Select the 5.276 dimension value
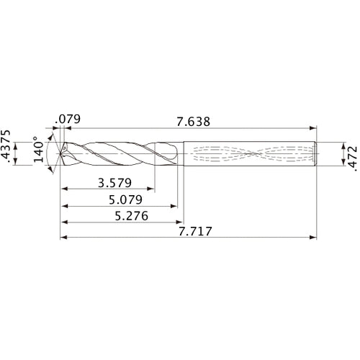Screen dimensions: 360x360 coord(120,215)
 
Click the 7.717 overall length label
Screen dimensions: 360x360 coord(188,232)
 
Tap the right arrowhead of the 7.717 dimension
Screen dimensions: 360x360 coord(315,237)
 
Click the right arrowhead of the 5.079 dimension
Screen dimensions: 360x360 coord(176,207)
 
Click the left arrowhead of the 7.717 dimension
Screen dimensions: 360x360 coord(63,237)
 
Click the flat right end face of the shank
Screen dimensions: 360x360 coord(319,153)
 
